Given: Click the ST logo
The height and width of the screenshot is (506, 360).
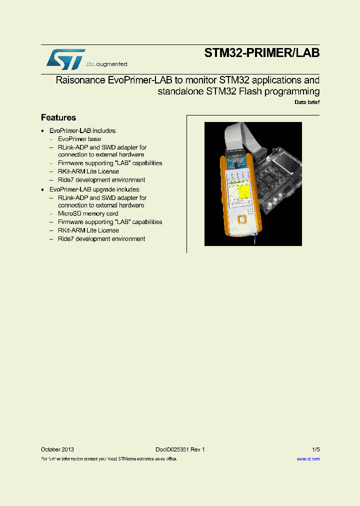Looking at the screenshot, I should (x=65, y=59).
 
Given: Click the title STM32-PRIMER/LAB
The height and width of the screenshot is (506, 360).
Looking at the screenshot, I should (x=261, y=53).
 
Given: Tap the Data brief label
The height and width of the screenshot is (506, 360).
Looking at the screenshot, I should (x=306, y=102).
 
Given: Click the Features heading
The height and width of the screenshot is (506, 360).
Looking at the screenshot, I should (x=58, y=118).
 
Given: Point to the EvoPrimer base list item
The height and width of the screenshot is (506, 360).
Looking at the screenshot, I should (x=79, y=139).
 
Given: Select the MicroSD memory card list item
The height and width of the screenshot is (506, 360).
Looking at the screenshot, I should (x=88, y=213).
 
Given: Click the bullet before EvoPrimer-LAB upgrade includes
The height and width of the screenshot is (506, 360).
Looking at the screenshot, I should (x=43, y=189).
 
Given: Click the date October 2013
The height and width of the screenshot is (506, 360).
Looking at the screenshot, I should (x=57, y=449).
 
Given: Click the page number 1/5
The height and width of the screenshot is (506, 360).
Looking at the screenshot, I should (x=315, y=449).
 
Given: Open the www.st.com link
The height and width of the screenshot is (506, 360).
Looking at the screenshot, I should (x=308, y=458).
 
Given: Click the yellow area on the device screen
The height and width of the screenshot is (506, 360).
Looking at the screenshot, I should (x=243, y=191).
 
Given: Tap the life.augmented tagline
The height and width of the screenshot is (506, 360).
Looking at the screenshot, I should (x=106, y=64).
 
